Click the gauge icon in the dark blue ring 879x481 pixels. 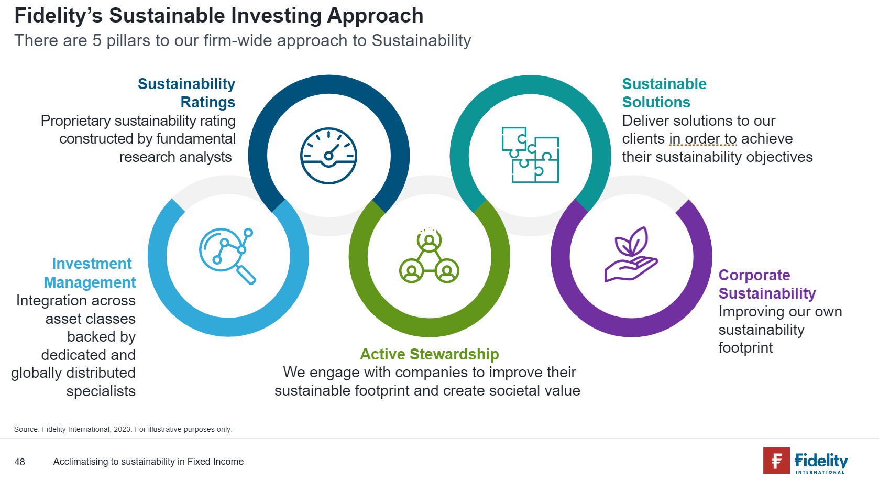click(328, 156)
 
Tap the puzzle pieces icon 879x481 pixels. click(530, 155)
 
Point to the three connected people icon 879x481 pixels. click(429, 256)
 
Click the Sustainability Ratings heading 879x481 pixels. click(186, 93)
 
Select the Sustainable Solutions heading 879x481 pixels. click(664, 93)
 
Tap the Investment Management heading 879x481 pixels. click(90, 273)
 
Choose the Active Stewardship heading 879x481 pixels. click(430, 354)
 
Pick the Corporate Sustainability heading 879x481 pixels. click(767, 285)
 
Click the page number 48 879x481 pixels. click(19, 462)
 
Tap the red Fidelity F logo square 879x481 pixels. click(776, 461)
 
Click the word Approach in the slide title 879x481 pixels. click(375, 16)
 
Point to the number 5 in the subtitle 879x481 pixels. click(96, 41)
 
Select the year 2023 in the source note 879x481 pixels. click(122, 429)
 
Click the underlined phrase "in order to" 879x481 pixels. click(703, 139)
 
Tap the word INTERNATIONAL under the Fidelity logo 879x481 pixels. click(820, 472)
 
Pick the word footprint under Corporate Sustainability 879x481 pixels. click(745, 348)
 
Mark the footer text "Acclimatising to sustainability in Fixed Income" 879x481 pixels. click(148, 462)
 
